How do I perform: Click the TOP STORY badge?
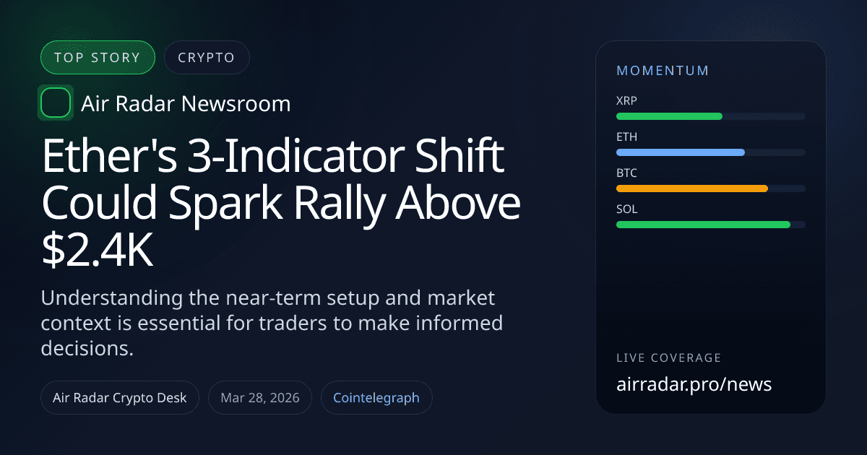(x=98, y=58)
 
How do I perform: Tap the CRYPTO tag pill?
(x=207, y=58)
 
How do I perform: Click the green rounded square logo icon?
(x=56, y=103)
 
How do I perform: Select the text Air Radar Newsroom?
(x=186, y=104)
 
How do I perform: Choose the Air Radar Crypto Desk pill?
(x=120, y=398)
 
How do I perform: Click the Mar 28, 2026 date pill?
(x=260, y=398)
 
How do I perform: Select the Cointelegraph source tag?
(x=376, y=398)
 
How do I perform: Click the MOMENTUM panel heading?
(x=663, y=71)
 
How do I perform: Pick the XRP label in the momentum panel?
(x=627, y=100)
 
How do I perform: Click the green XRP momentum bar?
(x=669, y=116)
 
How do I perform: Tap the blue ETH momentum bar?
(x=680, y=152)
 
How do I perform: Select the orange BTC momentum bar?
(x=691, y=188)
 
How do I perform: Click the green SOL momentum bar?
(x=702, y=225)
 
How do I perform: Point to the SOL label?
(x=627, y=209)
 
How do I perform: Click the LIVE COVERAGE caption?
(x=668, y=358)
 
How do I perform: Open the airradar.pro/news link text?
(x=694, y=384)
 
